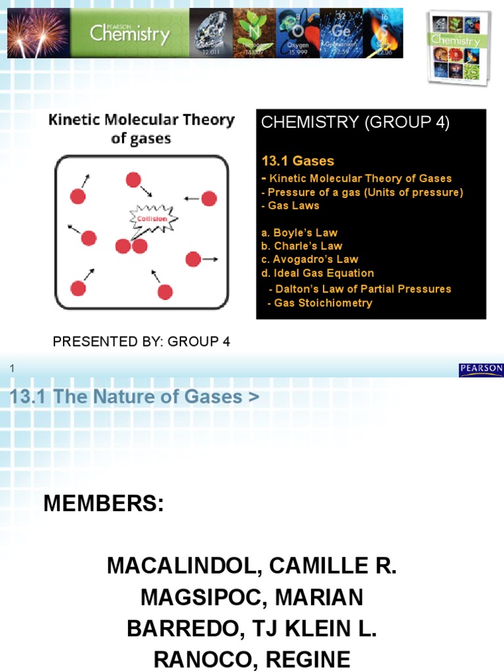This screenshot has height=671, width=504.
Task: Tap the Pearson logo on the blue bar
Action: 481,370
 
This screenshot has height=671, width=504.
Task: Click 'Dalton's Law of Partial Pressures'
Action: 360,289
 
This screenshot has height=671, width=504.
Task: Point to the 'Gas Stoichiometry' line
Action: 320,303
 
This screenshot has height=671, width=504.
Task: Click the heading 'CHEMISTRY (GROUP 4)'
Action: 355,123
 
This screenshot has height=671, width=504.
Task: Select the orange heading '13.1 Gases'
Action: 298,161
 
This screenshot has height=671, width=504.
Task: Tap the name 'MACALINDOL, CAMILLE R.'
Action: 252,566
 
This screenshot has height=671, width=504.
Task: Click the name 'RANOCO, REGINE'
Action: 252,659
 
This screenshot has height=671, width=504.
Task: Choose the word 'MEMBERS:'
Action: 104,505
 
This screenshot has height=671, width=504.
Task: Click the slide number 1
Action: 11,370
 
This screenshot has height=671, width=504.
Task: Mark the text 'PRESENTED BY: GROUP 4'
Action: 141,342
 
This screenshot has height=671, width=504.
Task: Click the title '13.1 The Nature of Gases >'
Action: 135,397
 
